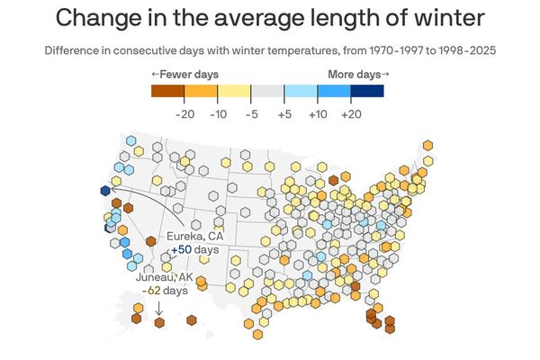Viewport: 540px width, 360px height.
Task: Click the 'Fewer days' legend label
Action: pyautogui.click(x=184, y=74)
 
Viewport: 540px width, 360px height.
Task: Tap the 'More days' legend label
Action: pyautogui.click(x=358, y=74)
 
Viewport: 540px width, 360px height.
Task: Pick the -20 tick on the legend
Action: pyautogui.click(x=184, y=113)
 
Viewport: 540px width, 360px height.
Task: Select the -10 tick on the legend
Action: pyautogui.click(x=218, y=113)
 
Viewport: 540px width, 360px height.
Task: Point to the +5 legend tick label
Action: pyautogui.click(x=284, y=113)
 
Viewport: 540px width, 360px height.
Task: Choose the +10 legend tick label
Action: pyautogui.click(x=318, y=113)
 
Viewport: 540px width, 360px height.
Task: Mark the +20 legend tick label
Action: pyautogui.click(x=351, y=113)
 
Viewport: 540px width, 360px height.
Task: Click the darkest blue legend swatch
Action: pyautogui.click(x=367, y=91)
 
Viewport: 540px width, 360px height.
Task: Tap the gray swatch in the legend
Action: pyautogui.click(x=267, y=91)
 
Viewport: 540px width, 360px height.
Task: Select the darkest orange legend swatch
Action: pyautogui.click(x=167, y=91)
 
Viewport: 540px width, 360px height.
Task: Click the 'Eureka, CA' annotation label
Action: pyautogui.click(x=194, y=236)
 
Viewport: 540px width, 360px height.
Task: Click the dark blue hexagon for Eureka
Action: pyautogui.click(x=106, y=190)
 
